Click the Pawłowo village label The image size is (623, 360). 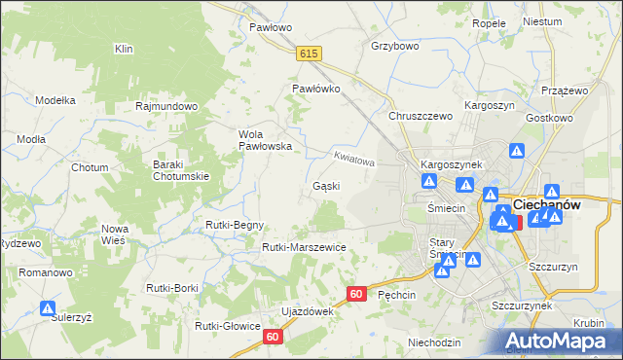click(270, 27)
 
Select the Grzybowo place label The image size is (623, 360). click(394, 46)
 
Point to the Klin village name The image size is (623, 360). click(124, 49)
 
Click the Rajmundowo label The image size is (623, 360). click(167, 106)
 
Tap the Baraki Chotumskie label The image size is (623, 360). click(181, 170)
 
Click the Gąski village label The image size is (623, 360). click(325, 186)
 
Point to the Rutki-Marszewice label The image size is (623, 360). click(304, 248)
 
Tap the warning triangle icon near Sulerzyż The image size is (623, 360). click(48, 308)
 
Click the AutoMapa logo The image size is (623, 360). click(560, 341)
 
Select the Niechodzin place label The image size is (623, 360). click(434, 342)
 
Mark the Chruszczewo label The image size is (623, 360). click(421, 116)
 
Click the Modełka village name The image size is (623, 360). click(55, 100)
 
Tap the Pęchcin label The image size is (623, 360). click(396, 294)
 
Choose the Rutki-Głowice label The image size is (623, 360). click(227, 326)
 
